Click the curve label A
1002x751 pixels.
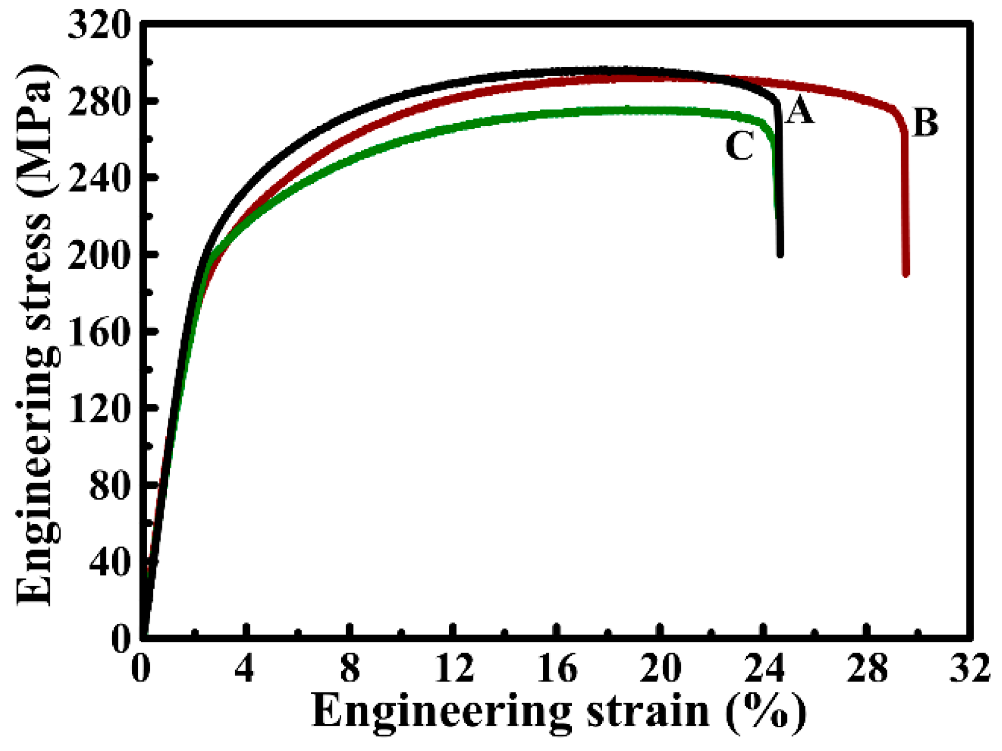coord(799,111)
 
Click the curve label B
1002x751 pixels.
coord(925,123)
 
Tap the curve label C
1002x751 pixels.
coord(740,146)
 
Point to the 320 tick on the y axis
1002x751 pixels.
coord(98,26)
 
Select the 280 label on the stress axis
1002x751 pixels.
coord(98,103)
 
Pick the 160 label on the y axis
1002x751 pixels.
coord(98,333)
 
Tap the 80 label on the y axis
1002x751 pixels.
coord(108,486)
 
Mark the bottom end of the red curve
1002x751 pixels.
coord(906,274)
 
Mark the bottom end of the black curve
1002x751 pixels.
coord(780,253)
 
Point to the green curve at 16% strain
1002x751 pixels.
coord(557,113)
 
